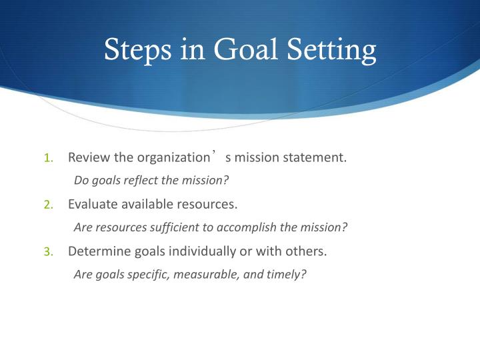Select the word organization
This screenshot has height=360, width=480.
pyautogui.click(x=173, y=158)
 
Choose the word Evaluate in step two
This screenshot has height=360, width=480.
pyautogui.click(x=91, y=204)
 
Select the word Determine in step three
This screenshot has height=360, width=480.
pyautogui.click(x=97, y=251)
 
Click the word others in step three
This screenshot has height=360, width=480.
pyautogui.click(x=306, y=251)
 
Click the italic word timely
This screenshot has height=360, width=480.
pyautogui.click(x=287, y=273)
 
